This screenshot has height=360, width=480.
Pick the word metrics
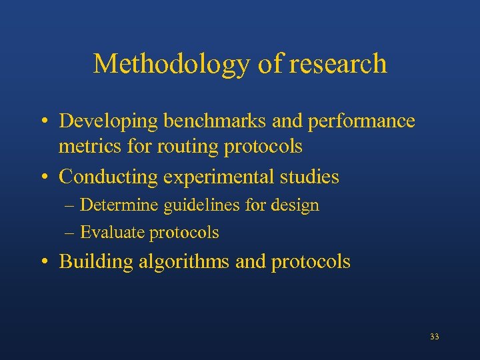coord(85,146)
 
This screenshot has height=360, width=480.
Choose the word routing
coord(181,146)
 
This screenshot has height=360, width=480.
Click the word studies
coord(311,177)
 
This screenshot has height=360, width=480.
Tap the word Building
coord(96,262)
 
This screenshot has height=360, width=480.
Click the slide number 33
coord(435,337)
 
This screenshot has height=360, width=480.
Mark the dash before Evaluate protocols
coord(70,233)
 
